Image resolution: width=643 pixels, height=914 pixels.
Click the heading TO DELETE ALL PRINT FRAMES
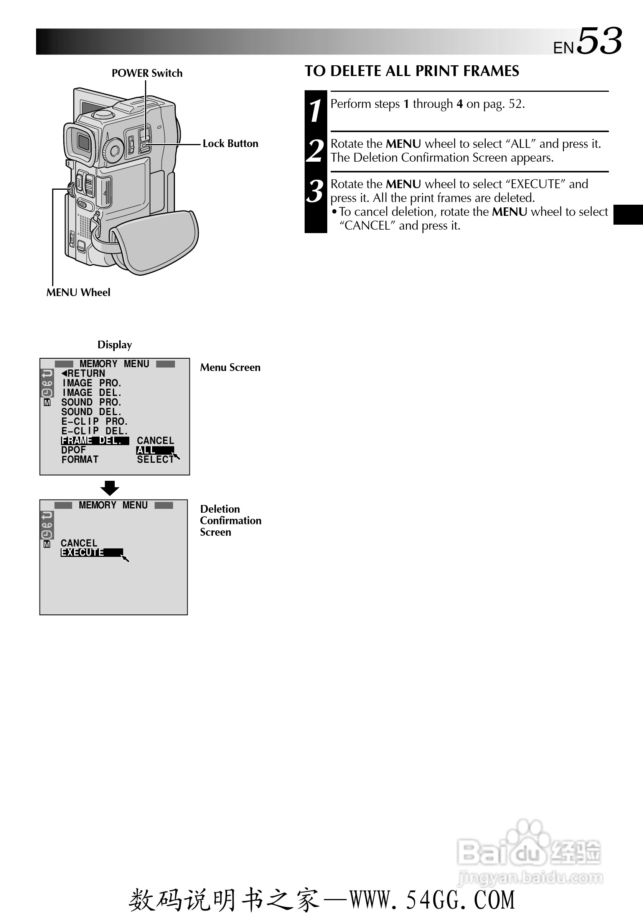[412, 71]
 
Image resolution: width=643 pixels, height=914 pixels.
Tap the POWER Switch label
[147, 73]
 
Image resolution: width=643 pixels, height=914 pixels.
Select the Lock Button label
[230, 144]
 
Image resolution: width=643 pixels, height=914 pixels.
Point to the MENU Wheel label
[78, 293]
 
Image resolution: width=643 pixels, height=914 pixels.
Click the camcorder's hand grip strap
[155, 243]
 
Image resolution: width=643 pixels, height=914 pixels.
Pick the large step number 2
[315, 151]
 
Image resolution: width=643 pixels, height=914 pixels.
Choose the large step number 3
[315, 191]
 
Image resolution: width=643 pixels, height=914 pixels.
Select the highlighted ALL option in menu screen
[155, 450]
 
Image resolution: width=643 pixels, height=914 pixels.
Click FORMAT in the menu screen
[80, 459]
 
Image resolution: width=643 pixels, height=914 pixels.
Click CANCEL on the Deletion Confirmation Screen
[79, 543]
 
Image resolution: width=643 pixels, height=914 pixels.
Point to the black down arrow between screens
[110, 488]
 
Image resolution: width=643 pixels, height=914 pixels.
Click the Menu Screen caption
[230, 368]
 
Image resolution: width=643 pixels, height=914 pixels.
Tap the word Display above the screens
[115, 345]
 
